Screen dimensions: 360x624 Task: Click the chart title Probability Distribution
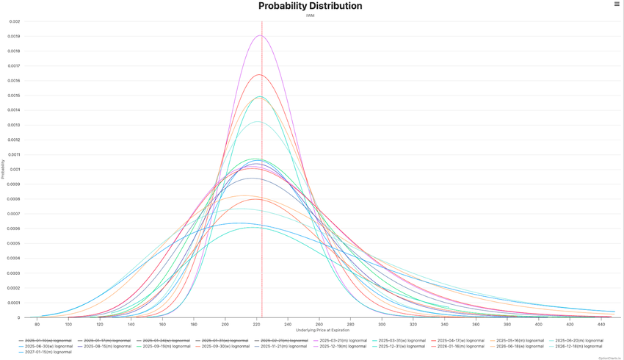310,6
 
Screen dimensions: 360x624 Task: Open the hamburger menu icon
617,4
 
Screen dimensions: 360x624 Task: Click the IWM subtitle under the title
310,15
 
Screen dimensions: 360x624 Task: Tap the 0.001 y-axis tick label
15,170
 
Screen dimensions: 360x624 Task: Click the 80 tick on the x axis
37,324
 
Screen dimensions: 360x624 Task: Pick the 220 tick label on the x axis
256,324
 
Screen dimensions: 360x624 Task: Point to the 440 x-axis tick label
601,324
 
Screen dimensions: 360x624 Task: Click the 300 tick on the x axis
382,324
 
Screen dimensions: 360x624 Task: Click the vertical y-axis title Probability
3,170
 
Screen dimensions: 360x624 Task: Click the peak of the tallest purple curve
259,35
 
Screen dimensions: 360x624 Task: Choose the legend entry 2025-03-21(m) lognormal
343,341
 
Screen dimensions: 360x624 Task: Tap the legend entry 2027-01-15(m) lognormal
48,352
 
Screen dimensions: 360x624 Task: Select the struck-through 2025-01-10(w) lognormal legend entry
48,341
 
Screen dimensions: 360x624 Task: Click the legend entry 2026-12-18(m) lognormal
578,346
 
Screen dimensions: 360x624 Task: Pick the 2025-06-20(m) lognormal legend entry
578,341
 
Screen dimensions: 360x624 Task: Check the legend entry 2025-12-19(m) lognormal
343,346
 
